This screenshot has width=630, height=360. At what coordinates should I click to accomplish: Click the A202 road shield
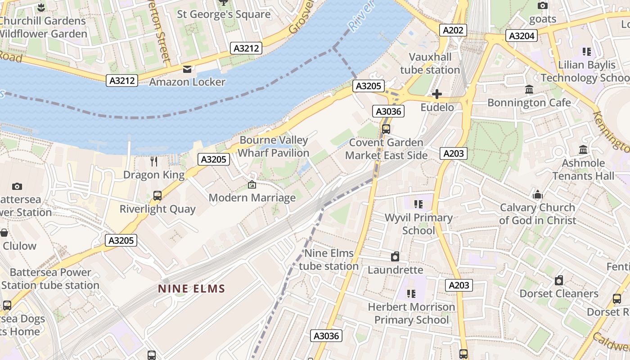[x=453, y=30]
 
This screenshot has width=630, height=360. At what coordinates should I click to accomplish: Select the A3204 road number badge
[x=522, y=36]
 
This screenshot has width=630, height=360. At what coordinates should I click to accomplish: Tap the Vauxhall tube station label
[x=430, y=63]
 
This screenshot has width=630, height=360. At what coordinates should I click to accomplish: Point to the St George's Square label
[x=224, y=14]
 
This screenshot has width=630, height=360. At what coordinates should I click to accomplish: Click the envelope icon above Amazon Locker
[x=187, y=69]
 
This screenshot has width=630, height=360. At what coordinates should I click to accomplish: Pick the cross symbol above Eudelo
[x=436, y=94]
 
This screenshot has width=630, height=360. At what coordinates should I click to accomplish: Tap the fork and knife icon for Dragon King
[x=154, y=162]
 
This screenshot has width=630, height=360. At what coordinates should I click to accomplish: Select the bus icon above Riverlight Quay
[x=157, y=196]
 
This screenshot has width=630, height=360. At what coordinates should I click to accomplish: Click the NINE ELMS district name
[x=191, y=288]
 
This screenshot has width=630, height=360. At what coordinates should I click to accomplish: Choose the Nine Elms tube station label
[x=328, y=260]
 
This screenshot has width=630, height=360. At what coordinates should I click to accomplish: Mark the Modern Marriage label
[x=252, y=198]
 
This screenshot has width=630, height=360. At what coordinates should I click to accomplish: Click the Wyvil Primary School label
[x=418, y=224]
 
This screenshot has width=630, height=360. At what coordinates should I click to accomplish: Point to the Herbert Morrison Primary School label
[x=411, y=313]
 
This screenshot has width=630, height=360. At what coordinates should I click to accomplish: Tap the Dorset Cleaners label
[x=558, y=293]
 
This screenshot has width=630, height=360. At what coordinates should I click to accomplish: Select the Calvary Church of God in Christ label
[x=537, y=214]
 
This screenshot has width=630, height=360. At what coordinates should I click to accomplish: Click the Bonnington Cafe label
[x=529, y=103]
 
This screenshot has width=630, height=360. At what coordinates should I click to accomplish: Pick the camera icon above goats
[x=543, y=6]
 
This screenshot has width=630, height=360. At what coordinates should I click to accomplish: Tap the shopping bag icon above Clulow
[x=4, y=233]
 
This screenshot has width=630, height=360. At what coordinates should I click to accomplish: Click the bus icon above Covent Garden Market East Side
[x=386, y=129]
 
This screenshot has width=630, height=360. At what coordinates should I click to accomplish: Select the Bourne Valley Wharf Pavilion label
[x=274, y=146]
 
